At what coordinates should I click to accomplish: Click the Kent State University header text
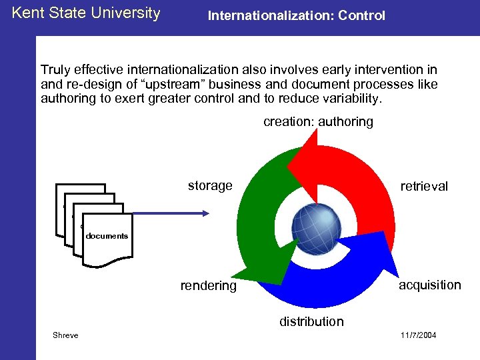(x=86, y=13)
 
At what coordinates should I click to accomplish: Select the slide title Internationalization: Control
(x=296, y=15)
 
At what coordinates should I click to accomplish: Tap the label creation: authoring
(x=318, y=122)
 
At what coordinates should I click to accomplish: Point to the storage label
(x=209, y=185)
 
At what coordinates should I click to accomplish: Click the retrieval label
(x=424, y=186)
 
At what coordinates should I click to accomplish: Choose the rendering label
(x=208, y=286)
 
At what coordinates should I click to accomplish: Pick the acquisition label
(x=429, y=285)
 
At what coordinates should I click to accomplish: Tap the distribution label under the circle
(x=311, y=321)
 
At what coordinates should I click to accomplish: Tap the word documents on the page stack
(x=107, y=236)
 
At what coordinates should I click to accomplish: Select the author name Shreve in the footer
(x=65, y=335)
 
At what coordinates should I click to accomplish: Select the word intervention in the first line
(x=389, y=70)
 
